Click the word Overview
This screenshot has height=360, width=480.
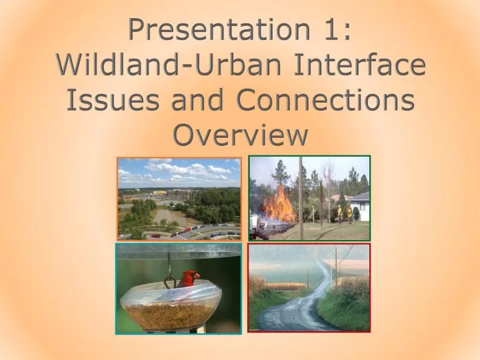240,135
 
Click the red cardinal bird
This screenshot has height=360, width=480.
189,279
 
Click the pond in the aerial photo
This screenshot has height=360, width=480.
171,217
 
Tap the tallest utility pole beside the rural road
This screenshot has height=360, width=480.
336,267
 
